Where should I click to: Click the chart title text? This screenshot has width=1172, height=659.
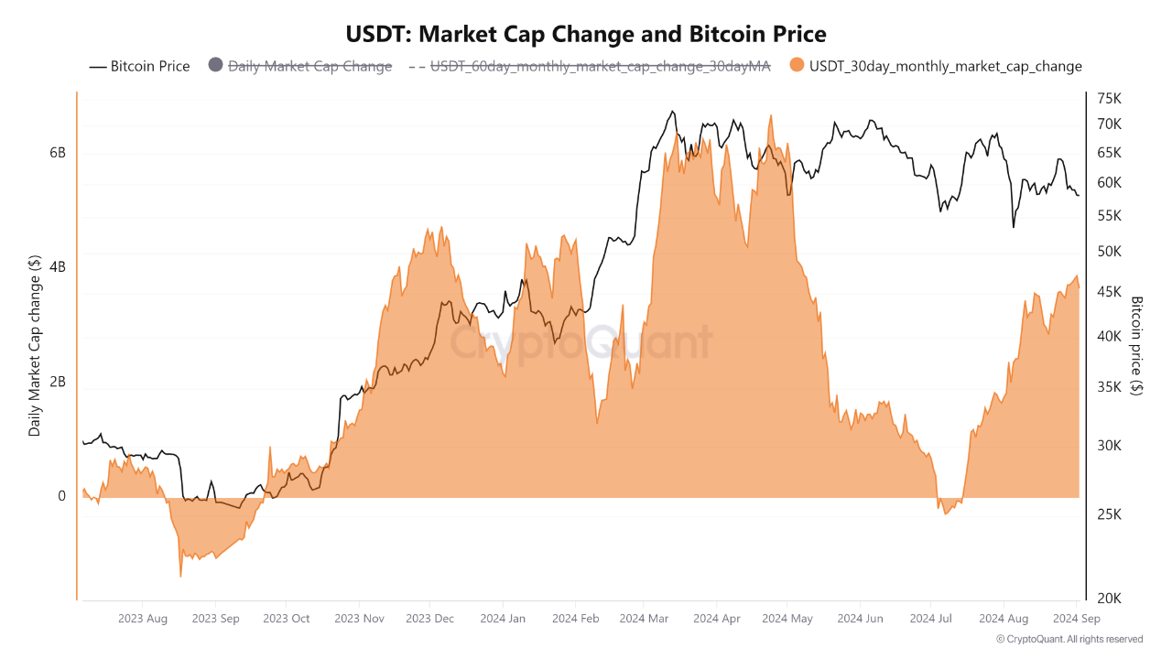586,35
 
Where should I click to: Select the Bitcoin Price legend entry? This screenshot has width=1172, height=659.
139,66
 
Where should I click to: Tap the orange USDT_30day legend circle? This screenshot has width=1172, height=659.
797,66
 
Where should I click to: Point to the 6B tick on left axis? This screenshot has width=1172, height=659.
57,153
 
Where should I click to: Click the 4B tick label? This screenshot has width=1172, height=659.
57,267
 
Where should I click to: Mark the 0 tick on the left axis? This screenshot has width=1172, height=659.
61,496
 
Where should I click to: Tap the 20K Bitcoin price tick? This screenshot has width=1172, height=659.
1109,598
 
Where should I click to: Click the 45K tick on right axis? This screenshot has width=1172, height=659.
1109,291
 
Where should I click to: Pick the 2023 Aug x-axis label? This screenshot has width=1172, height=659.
143,619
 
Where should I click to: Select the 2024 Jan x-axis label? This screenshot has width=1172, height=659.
504,619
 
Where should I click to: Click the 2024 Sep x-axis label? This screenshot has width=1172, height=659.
1077,619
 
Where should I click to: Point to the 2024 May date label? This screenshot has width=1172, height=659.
787,619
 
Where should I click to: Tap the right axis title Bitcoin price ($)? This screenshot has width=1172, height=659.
1137,345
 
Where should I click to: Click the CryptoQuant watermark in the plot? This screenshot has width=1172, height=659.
581,343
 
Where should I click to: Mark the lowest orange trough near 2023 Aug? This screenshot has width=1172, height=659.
180,576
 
